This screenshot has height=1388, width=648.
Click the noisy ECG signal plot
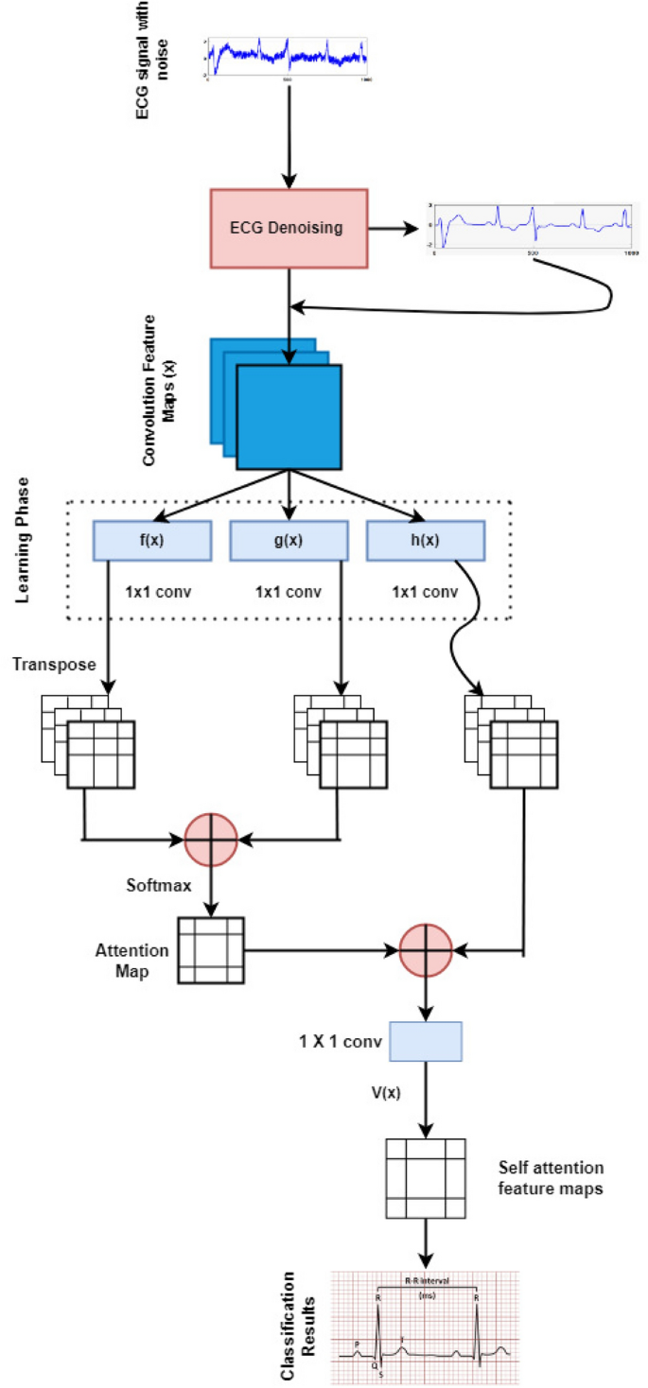pos(286,58)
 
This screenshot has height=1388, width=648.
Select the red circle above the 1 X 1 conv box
pos(426,948)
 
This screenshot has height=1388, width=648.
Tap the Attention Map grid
pos(211,950)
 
